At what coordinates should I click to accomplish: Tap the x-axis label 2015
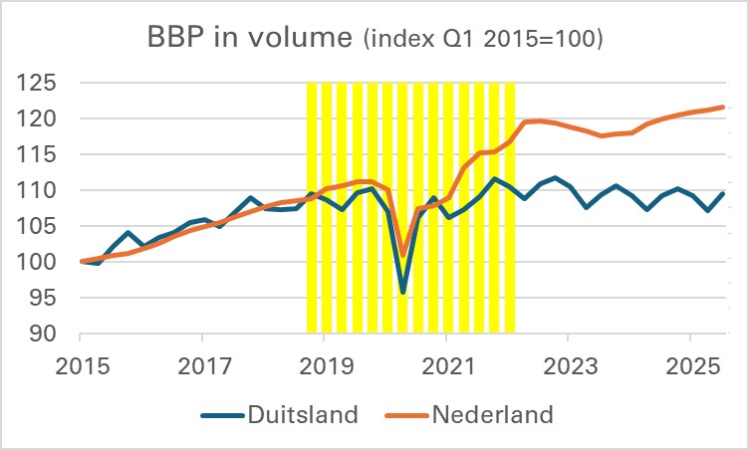82,364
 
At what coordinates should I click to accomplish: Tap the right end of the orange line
721,107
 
